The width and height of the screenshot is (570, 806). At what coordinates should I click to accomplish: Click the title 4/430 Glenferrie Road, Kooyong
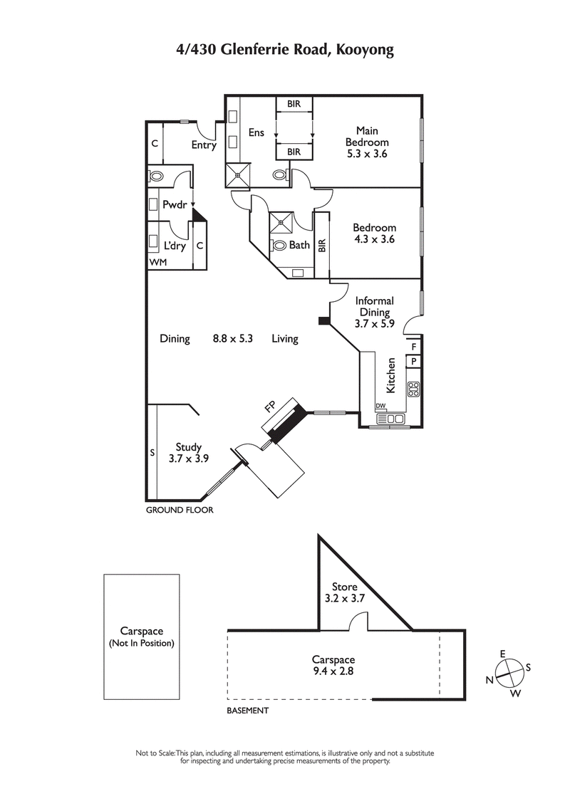click(x=285, y=50)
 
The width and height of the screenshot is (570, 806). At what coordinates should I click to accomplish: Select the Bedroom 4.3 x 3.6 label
click(x=374, y=234)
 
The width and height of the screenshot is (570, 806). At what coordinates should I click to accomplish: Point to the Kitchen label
click(x=390, y=375)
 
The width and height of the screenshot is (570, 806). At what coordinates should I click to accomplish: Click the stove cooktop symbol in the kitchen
click(x=413, y=389)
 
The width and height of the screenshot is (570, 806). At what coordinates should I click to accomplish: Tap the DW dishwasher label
click(x=380, y=407)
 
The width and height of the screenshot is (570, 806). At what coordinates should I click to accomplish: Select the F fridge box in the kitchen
click(x=413, y=347)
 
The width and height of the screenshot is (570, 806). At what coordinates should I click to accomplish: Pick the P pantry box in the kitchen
click(x=413, y=362)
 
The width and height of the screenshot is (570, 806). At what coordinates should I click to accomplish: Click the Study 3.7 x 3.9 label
click(x=188, y=453)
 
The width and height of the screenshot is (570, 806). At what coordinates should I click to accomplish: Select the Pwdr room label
click(x=174, y=204)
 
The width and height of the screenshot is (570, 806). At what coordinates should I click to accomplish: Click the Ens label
click(x=256, y=132)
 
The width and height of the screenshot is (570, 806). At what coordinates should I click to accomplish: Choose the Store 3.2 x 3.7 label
click(x=344, y=592)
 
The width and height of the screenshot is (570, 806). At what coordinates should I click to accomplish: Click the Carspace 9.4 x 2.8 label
click(x=333, y=665)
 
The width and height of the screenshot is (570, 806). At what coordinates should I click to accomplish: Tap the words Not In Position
click(x=141, y=643)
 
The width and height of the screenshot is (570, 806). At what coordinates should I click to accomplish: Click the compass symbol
click(x=509, y=669)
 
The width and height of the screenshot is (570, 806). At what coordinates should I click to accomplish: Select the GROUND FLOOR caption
click(x=180, y=510)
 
